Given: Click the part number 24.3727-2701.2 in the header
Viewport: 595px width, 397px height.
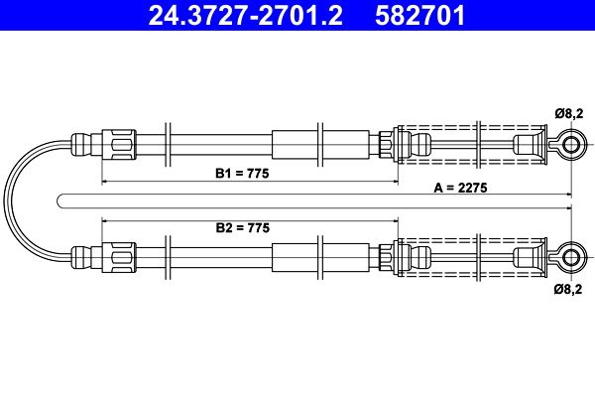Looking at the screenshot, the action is tap(245, 15).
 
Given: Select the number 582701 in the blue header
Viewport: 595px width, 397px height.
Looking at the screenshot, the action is tap(420, 15).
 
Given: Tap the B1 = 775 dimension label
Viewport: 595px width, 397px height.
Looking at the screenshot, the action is tap(242, 174).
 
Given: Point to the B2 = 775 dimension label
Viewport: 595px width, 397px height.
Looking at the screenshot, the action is tap(243, 227).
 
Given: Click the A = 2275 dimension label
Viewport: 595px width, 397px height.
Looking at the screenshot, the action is tap(460, 188).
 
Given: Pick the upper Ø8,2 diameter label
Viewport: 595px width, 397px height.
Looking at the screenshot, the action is tap(568, 113).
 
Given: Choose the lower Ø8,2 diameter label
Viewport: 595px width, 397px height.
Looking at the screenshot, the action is tap(568, 289).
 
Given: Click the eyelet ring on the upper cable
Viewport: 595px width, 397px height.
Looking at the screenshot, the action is tap(571, 145).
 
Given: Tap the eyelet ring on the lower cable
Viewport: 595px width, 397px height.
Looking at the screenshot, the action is tap(571, 258).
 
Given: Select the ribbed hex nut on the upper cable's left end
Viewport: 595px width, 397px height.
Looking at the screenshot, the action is tap(119, 145).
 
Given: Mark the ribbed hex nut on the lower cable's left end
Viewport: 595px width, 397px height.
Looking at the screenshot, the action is tap(119, 258).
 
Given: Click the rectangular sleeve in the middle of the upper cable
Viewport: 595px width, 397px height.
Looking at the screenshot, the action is tap(320, 145).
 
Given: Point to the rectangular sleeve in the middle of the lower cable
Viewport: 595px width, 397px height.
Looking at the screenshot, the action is tap(320, 258).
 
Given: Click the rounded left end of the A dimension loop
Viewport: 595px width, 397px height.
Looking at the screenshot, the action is tap(58, 201).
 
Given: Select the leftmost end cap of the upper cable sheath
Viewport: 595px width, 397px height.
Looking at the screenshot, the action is tap(81, 145).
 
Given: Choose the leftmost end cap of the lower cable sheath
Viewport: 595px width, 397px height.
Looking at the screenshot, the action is tap(81, 258).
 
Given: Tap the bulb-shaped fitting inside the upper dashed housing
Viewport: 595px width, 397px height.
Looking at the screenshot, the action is tap(419, 145).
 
